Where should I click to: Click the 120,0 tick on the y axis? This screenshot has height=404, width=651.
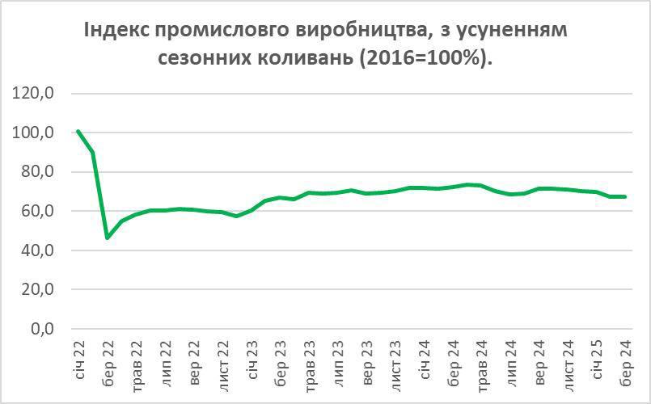[x=34, y=94]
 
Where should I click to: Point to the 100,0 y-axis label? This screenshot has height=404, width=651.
[x=34, y=133]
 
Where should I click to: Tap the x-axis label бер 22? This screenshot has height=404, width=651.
[x=108, y=360]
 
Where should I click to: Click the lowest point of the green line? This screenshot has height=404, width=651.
[x=108, y=238]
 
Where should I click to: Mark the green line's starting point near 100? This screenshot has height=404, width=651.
[x=78, y=131]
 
